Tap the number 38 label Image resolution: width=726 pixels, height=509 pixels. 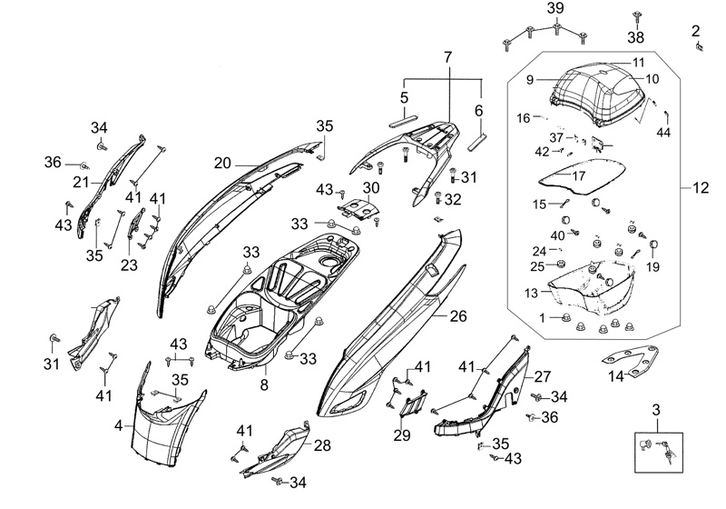tap(636, 38)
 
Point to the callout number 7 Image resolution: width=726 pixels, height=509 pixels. tap(446, 57)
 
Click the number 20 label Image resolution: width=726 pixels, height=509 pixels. tap(222, 163)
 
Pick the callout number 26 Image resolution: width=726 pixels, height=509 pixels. tap(457, 316)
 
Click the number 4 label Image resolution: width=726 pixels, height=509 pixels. tap(118, 424)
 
